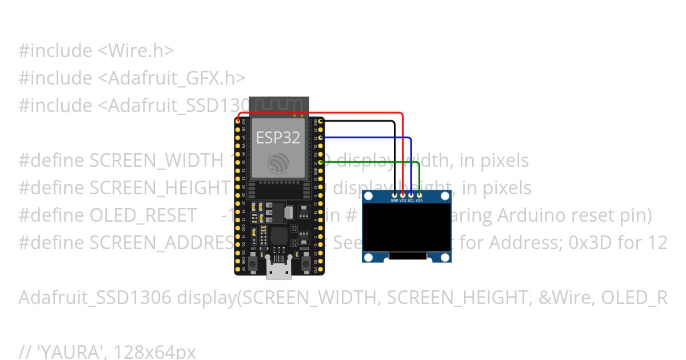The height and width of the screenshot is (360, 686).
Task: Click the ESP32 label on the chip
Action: point(278,137)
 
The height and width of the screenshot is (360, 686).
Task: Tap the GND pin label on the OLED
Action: point(394,201)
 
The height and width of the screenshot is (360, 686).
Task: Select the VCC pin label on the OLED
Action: point(402,201)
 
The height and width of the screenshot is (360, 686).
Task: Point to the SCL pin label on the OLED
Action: point(410,201)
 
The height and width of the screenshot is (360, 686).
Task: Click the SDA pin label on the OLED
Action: point(419,201)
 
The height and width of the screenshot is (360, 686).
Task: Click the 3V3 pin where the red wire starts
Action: point(238,121)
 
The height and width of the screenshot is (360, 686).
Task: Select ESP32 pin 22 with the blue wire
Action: point(321,138)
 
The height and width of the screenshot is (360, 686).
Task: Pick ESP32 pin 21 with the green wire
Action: point(321,163)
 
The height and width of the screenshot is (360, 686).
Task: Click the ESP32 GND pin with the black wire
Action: point(321,121)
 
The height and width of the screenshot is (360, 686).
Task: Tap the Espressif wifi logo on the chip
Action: point(279,163)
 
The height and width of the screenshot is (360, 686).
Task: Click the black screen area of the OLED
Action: point(406,229)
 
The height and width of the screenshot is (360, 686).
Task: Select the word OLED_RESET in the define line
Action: point(143,215)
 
